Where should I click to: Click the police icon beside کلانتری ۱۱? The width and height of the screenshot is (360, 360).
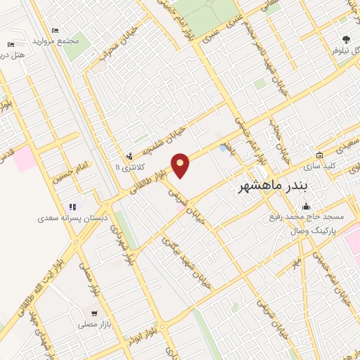tap(129, 156)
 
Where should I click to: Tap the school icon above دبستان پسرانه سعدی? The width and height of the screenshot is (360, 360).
tap(72, 207)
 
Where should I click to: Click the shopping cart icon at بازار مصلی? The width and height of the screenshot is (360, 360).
tap(94, 313)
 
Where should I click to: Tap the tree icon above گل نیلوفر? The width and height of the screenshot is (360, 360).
tap(345, 39)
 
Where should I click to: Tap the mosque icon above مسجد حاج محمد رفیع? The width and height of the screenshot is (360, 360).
tap(306, 206)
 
